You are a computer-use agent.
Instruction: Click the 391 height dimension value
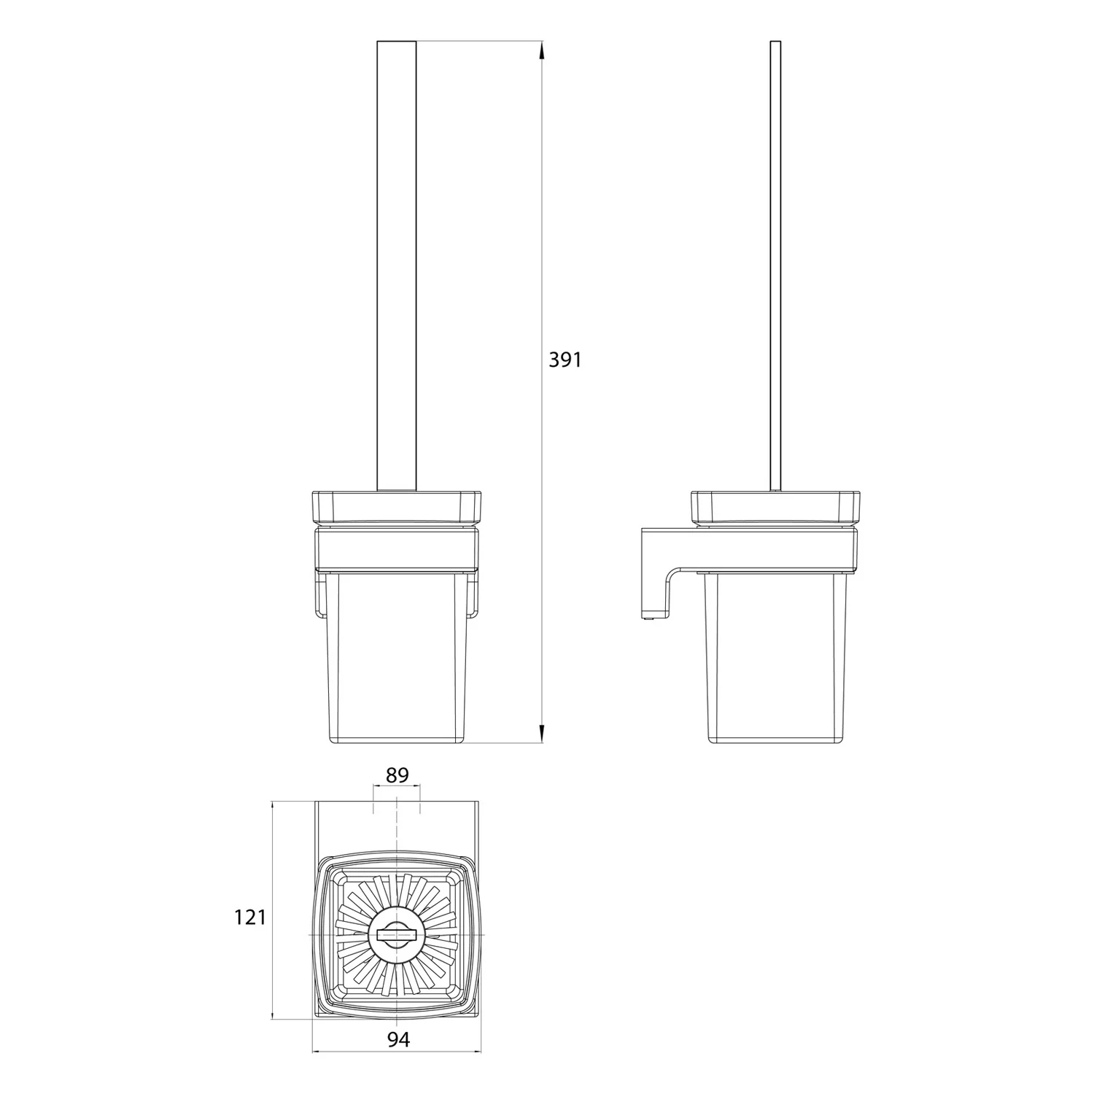pyautogui.click(x=565, y=360)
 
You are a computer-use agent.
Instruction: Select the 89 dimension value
pyautogui.click(x=397, y=775)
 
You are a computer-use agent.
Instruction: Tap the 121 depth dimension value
pyautogui.click(x=250, y=918)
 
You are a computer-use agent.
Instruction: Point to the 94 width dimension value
pyautogui.click(x=397, y=1040)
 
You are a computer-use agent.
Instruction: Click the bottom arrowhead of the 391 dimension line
pyautogui.click(x=541, y=734)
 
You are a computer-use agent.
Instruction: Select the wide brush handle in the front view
pyautogui.click(x=396, y=266)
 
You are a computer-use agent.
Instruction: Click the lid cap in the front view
pyautogui.click(x=397, y=508)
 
